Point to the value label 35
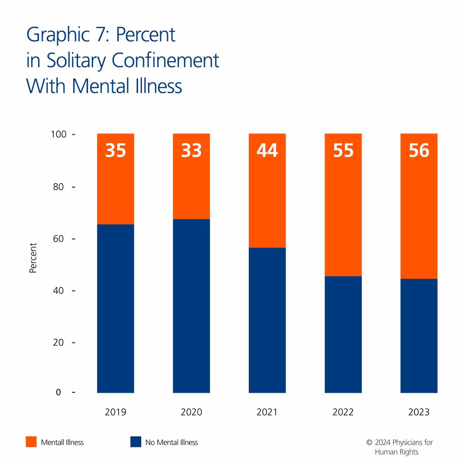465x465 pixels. coord(115,150)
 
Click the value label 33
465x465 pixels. coord(191,150)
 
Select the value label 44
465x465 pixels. coord(267,150)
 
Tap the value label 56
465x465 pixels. coord(419,150)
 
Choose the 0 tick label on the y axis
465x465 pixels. coord(59,392)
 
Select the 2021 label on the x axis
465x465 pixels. coord(267,412)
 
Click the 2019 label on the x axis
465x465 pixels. coord(115,412)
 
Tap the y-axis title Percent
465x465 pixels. coord(33,258)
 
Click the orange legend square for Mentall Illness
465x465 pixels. coord(31,442)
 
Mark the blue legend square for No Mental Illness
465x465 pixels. coord(135,442)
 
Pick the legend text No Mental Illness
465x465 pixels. coord(172,442)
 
